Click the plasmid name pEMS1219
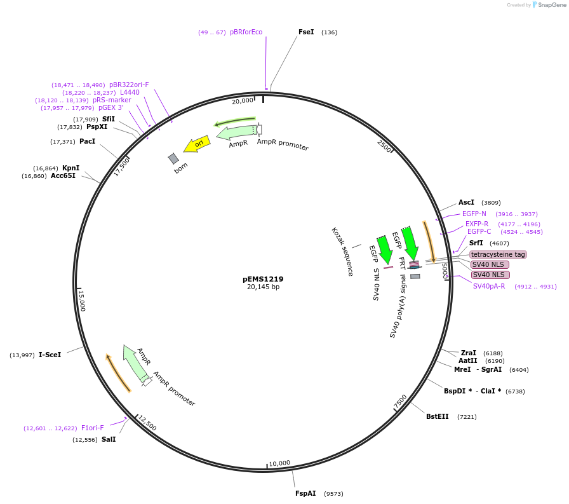pyautogui.click(x=263, y=279)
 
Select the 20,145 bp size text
pyautogui.click(x=263, y=287)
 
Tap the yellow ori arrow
pyautogui.click(x=197, y=144)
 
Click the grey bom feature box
pyautogui.click(x=173, y=158)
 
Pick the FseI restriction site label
pyautogui.click(x=306, y=32)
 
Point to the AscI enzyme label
pyautogui.click(x=466, y=202)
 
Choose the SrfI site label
pyautogui.click(x=476, y=243)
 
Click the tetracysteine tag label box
pyautogui.click(x=498, y=254)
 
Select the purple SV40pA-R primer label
pyautogui.click(x=489, y=286)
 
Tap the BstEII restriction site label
pyautogui.click(x=437, y=416)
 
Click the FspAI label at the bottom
pyautogui.click(x=305, y=493)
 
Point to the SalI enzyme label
pyautogui.click(x=109, y=439)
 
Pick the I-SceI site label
pyautogui.click(x=50, y=355)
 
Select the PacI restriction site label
pyautogui.click(x=87, y=141)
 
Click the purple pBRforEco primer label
pyautogui.click(x=246, y=32)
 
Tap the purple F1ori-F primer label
pyautogui.click(x=92, y=428)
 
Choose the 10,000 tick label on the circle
pyautogui.click(x=279, y=463)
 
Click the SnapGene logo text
pyautogui.click(x=550, y=5)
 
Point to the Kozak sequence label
pyautogui.click(x=342, y=251)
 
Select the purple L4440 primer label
pyautogui.click(x=130, y=92)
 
